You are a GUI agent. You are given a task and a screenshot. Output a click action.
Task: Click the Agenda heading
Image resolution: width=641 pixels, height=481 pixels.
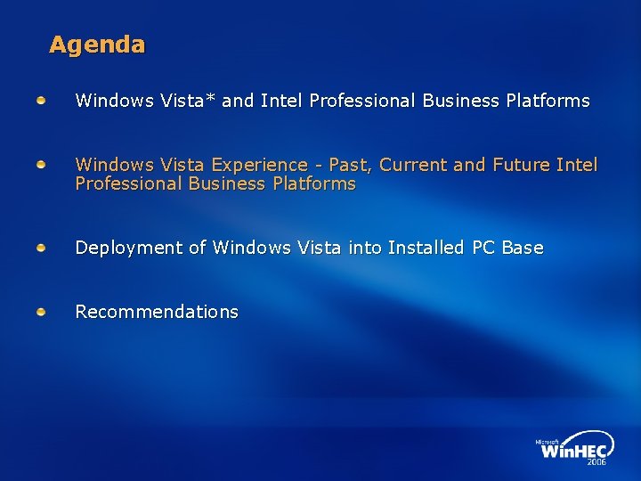[x=97, y=45]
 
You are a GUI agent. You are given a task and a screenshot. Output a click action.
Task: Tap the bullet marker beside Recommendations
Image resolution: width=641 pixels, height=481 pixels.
[x=42, y=311]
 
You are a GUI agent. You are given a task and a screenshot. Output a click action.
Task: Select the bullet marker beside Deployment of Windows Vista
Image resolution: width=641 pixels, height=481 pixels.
[x=42, y=247]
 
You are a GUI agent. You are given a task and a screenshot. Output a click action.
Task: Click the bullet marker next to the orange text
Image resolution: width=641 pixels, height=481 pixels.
[x=42, y=165]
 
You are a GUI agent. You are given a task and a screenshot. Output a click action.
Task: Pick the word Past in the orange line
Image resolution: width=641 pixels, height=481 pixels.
[x=350, y=165]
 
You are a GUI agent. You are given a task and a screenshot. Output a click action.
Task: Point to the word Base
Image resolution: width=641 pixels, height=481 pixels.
[x=523, y=248]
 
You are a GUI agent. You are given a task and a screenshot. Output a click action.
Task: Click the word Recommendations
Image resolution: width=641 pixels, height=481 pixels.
[x=157, y=312]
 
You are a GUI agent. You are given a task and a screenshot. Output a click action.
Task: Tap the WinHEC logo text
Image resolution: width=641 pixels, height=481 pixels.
[x=575, y=451]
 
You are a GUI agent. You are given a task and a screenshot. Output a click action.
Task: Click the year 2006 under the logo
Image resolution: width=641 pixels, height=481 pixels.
[x=596, y=462]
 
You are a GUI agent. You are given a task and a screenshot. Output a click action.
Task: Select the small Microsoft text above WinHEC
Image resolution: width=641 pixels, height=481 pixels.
[x=548, y=441]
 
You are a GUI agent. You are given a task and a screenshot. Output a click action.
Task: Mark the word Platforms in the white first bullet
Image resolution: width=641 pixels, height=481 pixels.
[x=548, y=101]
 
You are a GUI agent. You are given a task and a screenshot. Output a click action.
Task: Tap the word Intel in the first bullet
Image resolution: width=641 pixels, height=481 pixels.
[x=281, y=101]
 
